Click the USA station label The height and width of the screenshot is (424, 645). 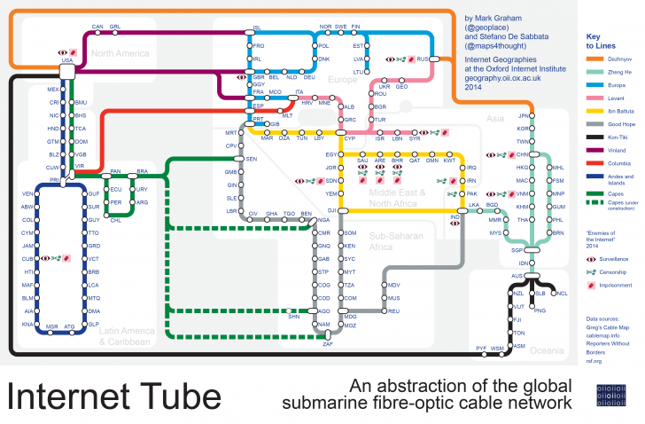coord(66,61)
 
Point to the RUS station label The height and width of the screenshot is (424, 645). coord(423,59)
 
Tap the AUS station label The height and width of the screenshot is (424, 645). coord(518,276)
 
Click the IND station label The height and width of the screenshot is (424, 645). coord(455,216)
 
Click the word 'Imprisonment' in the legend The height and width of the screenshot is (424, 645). coord(617,286)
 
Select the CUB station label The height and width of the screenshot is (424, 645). coord(27,258)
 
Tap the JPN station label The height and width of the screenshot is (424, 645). coord(522,115)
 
